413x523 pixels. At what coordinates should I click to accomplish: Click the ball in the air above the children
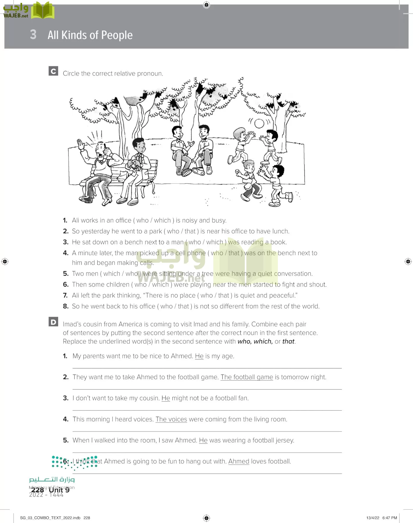pos(259,123)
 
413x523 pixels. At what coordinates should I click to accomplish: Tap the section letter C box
pos(53,71)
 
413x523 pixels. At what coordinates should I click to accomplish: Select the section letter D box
pos(53,322)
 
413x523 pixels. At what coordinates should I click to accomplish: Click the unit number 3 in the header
pos(33,35)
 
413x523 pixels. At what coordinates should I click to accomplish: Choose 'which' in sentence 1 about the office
pos(162,221)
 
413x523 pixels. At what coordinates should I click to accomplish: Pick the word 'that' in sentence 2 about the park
pos(190,231)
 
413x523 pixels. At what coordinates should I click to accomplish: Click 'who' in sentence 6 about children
pos(140,284)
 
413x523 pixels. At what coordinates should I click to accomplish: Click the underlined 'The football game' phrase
pos(247,377)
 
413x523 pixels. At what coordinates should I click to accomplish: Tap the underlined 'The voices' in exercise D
pos(171,419)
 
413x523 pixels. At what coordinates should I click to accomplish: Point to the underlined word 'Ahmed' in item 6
pos(239,461)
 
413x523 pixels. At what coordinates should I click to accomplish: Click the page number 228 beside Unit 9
pos(37,490)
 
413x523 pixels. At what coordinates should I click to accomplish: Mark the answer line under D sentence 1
pos(207,368)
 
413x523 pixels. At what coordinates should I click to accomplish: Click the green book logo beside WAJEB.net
pos(43,11)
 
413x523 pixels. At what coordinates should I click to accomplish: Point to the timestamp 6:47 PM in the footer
pos(389,518)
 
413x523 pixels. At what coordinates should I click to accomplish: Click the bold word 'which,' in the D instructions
pos(263,341)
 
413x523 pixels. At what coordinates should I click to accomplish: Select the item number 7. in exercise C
pos(65,295)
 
